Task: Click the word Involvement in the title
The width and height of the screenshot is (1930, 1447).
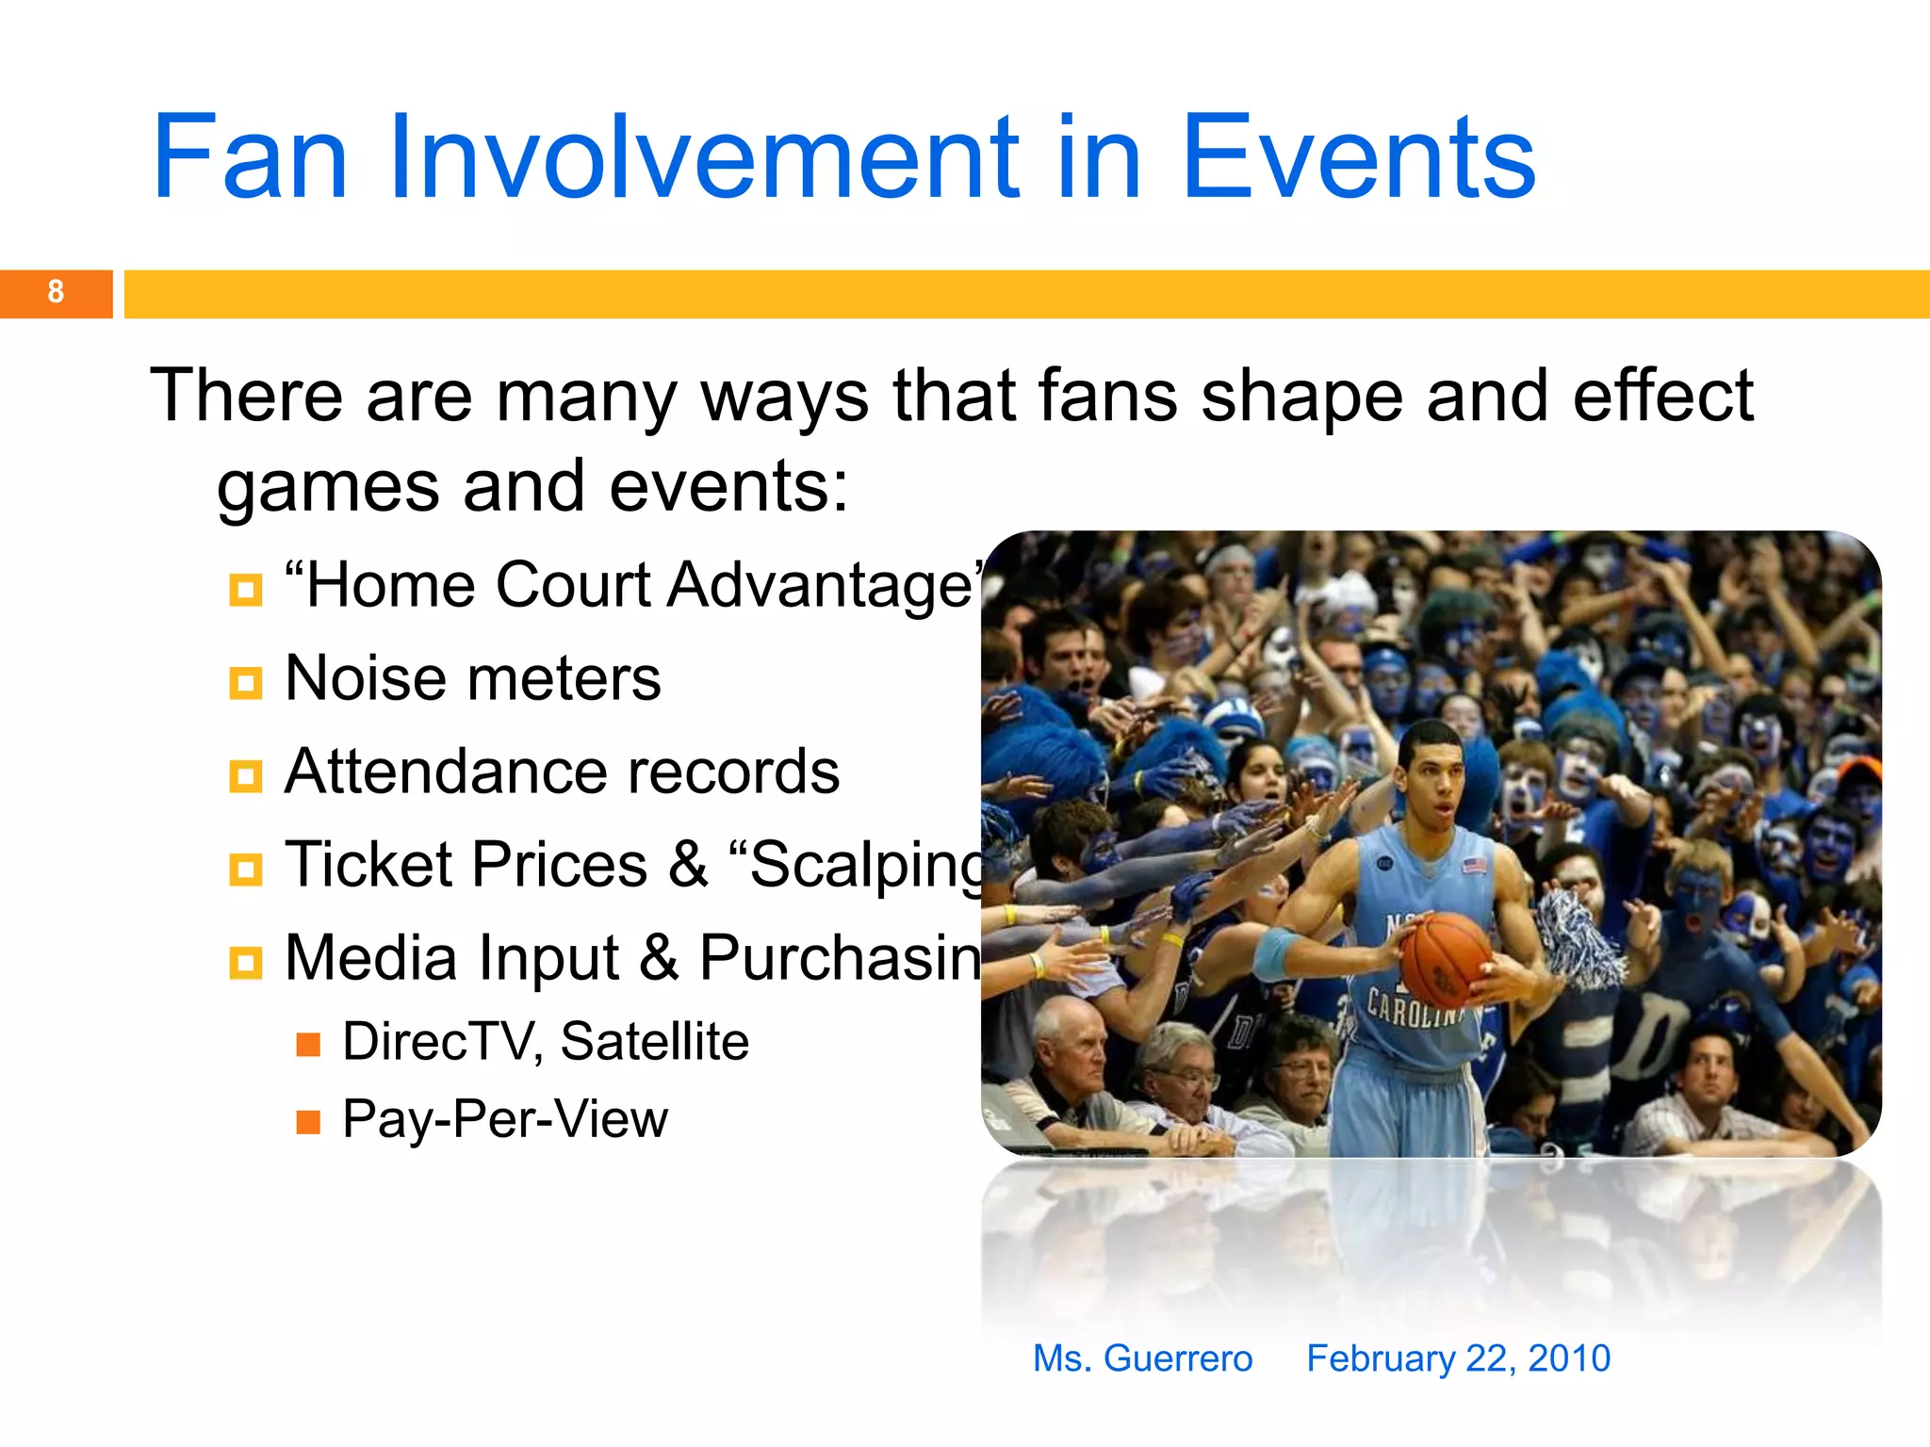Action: point(702,158)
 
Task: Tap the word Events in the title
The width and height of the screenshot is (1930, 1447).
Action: point(1358,158)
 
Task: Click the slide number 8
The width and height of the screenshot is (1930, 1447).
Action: point(56,292)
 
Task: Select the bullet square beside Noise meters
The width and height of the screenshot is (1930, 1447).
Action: point(245,683)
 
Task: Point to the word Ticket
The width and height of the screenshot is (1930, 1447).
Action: point(371,864)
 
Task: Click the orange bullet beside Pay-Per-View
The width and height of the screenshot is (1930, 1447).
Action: point(308,1122)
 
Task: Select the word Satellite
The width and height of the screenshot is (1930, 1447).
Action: point(654,1042)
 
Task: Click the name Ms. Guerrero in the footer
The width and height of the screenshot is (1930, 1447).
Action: point(1142,1358)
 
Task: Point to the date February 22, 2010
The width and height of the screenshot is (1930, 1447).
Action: point(1458,1358)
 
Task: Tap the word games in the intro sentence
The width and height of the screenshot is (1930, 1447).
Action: point(328,487)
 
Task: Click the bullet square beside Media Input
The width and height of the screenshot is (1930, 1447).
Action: point(245,963)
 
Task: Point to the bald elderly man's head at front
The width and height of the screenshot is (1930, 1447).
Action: point(1070,1036)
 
